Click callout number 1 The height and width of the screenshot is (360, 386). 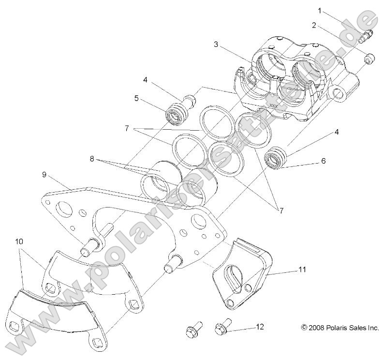click(320, 10)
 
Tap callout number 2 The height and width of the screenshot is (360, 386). click(314, 25)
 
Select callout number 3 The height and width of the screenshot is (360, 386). click(216, 45)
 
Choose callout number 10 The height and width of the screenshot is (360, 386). click(19, 240)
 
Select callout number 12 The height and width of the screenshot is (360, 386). click(260, 327)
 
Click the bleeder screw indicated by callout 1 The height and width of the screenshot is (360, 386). click(367, 35)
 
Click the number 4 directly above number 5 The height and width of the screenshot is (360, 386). click(145, 79)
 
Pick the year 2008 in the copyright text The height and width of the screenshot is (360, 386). click(315, 328)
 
